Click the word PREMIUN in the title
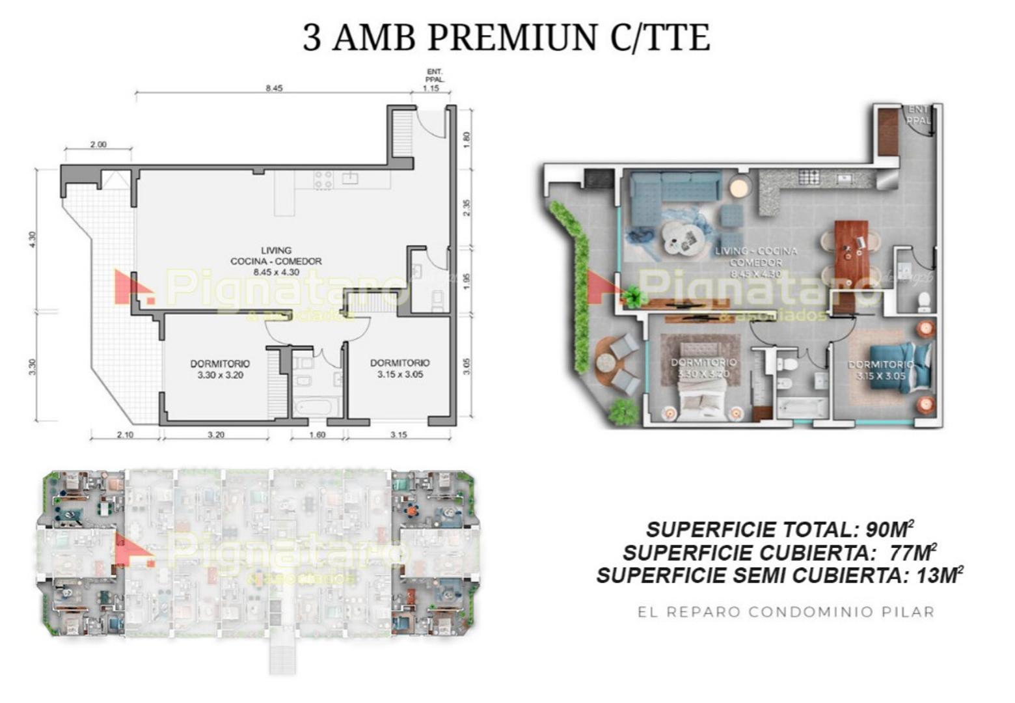click(511, 37)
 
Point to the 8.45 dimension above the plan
click(274, 89)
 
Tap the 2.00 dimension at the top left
click(98, 145)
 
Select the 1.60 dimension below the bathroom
click(317, 435)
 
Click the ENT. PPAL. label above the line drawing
click(434, 76)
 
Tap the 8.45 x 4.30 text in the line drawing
click(276, 272)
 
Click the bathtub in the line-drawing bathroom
click(316, 407)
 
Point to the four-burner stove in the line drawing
click(323, 179)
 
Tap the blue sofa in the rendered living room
click(673, 187)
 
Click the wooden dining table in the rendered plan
click(851, 250)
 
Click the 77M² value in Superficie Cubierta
click(912, 553)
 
